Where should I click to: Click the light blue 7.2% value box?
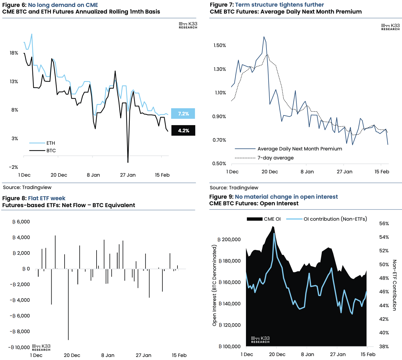point(183,114)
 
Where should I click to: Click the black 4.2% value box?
point(183,131)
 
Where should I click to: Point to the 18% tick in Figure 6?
point(14,53)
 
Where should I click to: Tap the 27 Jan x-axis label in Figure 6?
point(128,175)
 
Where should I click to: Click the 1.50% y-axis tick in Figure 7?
point(220,46)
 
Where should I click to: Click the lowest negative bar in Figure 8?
point(68,305)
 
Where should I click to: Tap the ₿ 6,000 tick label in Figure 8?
point(21,222)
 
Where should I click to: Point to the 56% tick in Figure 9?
point(384,223)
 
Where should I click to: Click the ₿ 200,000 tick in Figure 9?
point(229,239)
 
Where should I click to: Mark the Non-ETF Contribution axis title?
point(394,285)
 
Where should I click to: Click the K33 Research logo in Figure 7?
point(390,27)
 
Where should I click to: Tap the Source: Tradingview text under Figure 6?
point(27,187)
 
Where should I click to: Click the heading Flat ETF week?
point(46,198)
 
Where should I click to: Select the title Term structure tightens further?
point(279,5)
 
